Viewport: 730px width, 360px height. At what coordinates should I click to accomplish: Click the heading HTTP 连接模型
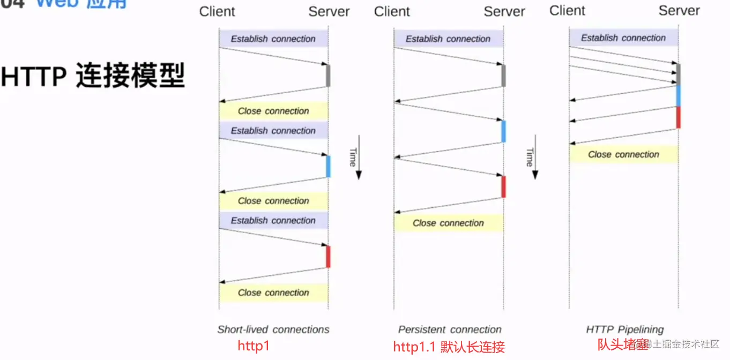93,76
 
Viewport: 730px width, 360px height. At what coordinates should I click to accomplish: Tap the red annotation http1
254,346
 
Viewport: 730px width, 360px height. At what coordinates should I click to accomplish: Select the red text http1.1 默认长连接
449,347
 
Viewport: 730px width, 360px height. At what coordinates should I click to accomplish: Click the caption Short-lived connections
273,329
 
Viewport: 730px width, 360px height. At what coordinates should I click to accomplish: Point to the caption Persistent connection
450,329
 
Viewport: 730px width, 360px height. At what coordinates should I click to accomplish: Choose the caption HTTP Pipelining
624,329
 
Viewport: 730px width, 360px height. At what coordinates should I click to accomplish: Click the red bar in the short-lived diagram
328,257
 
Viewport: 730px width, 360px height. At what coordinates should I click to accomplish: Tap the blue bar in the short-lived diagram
328,166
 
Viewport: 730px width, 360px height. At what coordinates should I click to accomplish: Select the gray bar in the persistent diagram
503,76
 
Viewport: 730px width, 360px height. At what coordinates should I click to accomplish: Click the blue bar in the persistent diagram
503,131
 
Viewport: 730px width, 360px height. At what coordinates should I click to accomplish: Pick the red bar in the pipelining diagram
678,117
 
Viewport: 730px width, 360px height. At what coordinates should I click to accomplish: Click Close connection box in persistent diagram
449,223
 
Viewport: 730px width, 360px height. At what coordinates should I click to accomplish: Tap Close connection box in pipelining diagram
623,154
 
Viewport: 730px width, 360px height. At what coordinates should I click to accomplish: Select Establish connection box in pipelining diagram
623,38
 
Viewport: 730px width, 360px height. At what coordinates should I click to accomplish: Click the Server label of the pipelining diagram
679,11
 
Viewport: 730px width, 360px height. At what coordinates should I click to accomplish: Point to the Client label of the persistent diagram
392,12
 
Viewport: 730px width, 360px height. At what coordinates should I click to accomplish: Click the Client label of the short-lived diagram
217,12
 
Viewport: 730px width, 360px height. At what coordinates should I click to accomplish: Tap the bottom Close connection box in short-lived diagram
273,292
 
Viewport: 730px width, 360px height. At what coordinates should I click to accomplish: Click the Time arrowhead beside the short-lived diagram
359,175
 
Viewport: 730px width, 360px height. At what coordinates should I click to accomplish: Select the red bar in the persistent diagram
503,186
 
